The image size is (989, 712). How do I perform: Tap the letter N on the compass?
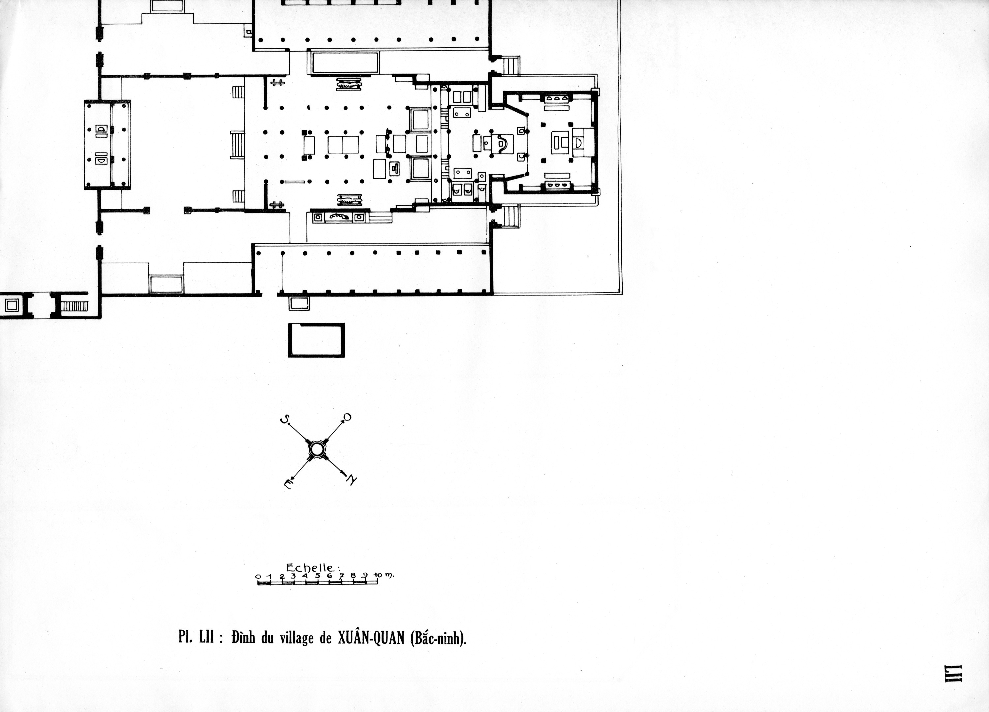click(351, 480)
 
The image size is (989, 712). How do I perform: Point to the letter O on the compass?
click(347, 418)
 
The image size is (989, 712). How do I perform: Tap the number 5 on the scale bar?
click(317, 575)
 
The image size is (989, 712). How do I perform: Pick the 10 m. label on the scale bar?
click(384, 575)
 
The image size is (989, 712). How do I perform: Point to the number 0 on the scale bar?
click(258, 576)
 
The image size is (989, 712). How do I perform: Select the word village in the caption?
click(296, 639)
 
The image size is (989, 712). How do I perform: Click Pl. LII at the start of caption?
click(196, 637)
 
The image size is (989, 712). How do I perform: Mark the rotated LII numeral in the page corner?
click(952, 685)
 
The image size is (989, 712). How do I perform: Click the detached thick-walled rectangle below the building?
click(316, 340)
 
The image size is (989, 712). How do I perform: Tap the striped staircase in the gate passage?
click(74, 306)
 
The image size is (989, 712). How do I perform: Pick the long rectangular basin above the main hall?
click(345, 63)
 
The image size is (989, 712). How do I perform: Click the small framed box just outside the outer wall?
click(299, 303)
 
